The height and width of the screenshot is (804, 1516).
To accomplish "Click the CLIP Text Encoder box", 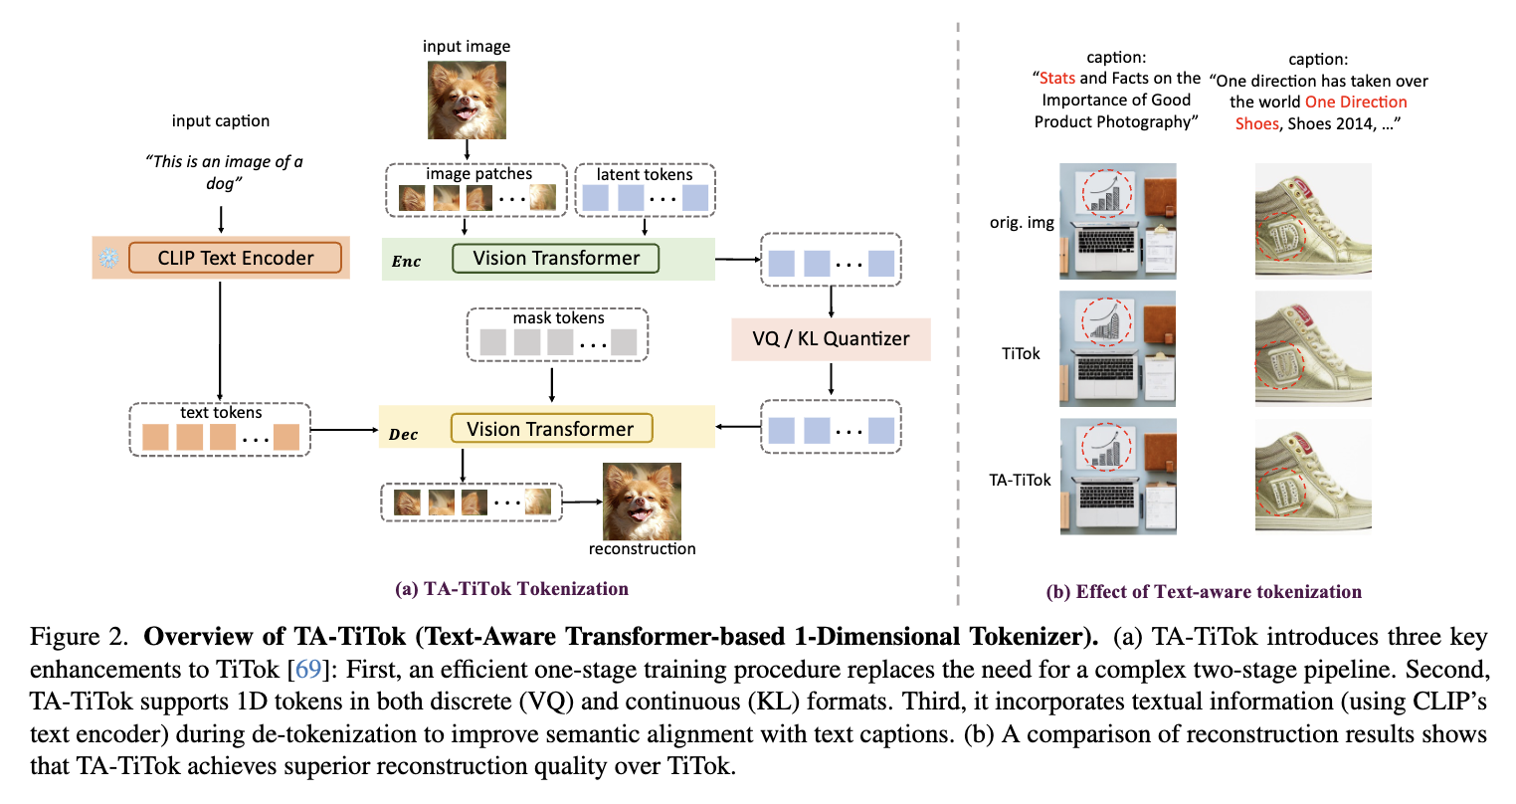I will coord(235,258).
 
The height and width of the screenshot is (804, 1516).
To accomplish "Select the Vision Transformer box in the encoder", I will coord(555,258).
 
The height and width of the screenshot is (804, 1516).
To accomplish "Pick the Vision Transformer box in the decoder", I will coord(551,429).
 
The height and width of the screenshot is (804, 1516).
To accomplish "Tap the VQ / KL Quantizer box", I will coord(831,338).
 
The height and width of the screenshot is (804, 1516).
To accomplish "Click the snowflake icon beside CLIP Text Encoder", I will coord(107,259).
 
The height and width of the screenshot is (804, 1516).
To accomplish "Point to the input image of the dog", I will coord(467,100).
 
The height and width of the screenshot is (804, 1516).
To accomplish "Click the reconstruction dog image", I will coord(642,502).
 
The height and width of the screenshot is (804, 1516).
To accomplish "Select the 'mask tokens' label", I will coord(558,318).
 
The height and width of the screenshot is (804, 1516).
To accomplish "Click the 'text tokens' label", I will coord(221,412).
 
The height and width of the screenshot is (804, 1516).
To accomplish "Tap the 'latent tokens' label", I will coord(644,174).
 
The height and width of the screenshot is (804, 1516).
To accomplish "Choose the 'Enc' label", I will coord(406,262).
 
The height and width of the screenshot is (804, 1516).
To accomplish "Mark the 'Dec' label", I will coord(403,435).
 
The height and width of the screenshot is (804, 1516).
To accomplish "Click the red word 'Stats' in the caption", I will coord(1057,78).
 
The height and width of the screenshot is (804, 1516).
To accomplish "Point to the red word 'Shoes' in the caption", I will coord(1256,123).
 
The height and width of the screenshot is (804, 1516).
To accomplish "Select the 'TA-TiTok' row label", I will coord(1020,480).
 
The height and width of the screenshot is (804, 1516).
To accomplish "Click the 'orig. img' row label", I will coord(1022,222).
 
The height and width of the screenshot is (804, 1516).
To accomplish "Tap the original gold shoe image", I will coord(1313,221).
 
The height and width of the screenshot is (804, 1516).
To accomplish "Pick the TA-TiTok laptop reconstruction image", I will coord(1118,477).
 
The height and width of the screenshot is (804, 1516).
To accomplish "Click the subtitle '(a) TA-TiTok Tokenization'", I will coord(511,588).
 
